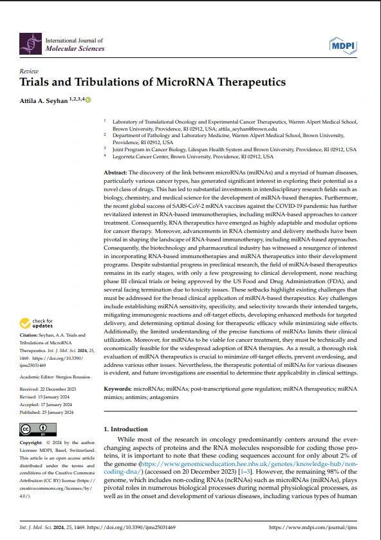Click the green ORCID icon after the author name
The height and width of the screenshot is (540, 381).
[88, 100]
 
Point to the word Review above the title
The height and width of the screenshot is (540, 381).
[29, 71]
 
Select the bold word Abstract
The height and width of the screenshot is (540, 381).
[116, 174]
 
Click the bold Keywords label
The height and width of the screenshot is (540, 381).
[118, 390]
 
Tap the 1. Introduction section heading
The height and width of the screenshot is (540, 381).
[125, 429]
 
